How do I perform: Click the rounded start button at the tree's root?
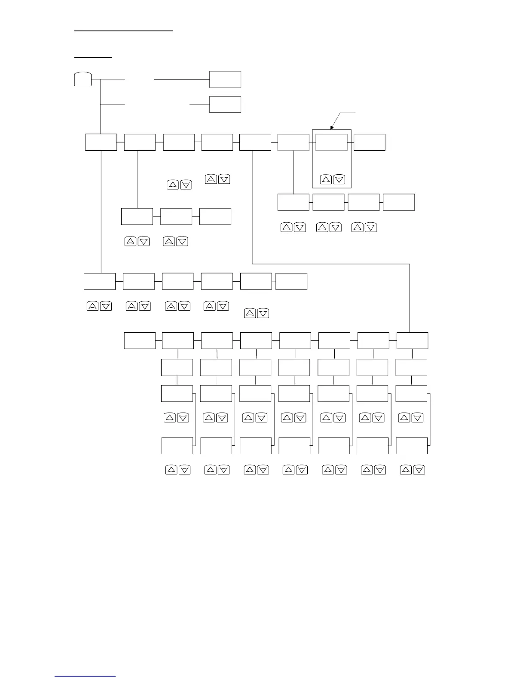pos(83,79)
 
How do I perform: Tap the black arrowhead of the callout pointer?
pos(332,127)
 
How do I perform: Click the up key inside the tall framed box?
pos(326,180)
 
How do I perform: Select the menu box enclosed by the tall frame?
pos(331,142)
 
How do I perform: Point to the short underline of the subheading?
pos(93,57)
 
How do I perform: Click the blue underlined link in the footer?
pos(85,677)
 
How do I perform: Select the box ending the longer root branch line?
pos(225,79)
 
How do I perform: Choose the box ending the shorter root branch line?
pos(225,104)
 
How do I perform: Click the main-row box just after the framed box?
pos(370,142)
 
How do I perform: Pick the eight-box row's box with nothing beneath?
pos(140,340)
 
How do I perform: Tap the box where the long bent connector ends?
pos(412,340)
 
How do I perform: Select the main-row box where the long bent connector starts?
pos(255,142)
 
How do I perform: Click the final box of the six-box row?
pos(291,281)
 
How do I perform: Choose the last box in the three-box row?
pos(215,216)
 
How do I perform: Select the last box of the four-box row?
pos(399,202)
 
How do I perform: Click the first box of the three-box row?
pos(137,216)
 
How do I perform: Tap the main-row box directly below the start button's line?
pos(101,142)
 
